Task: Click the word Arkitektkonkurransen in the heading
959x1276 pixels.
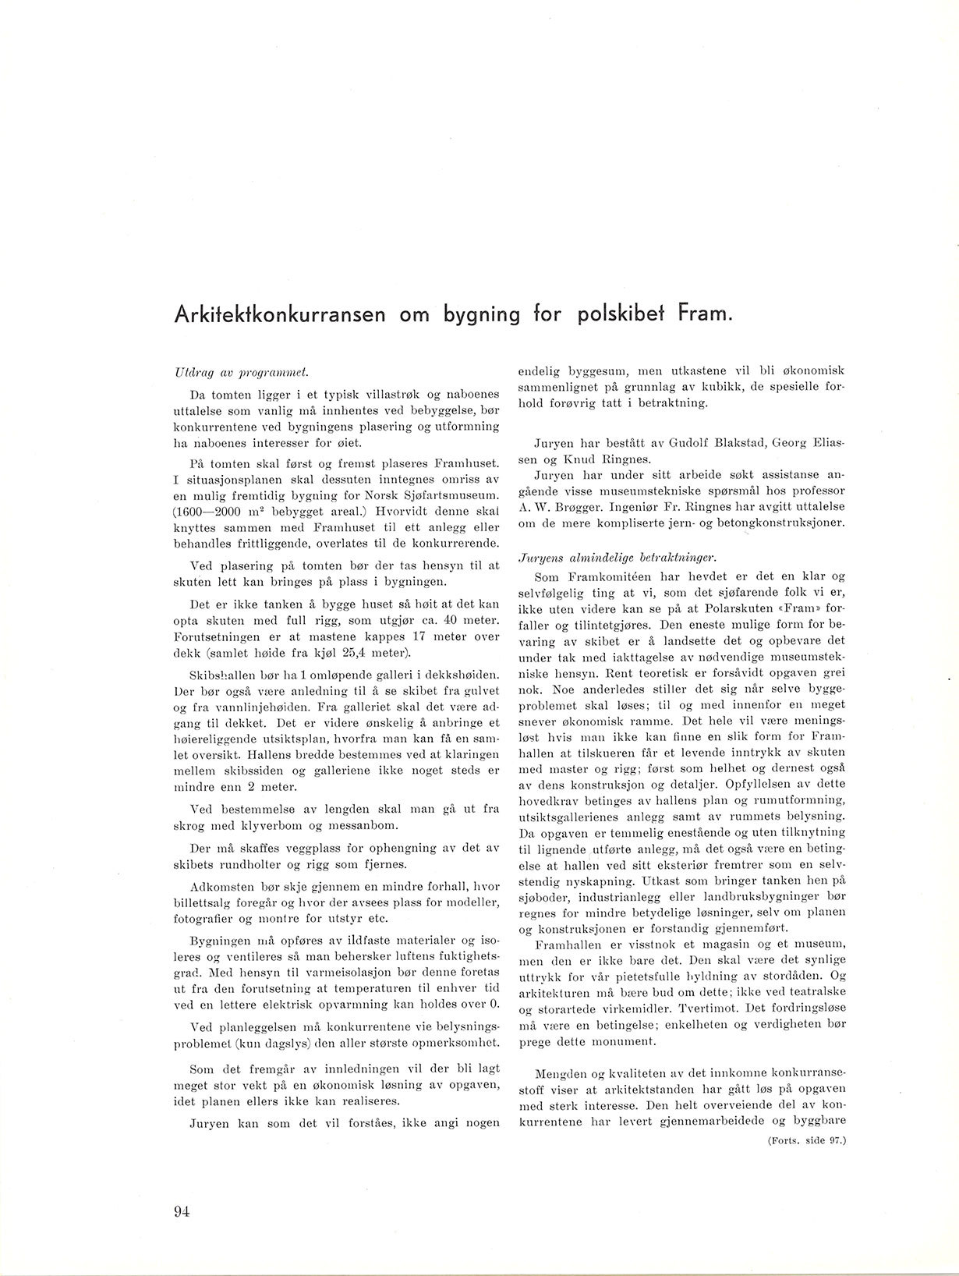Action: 278,316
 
